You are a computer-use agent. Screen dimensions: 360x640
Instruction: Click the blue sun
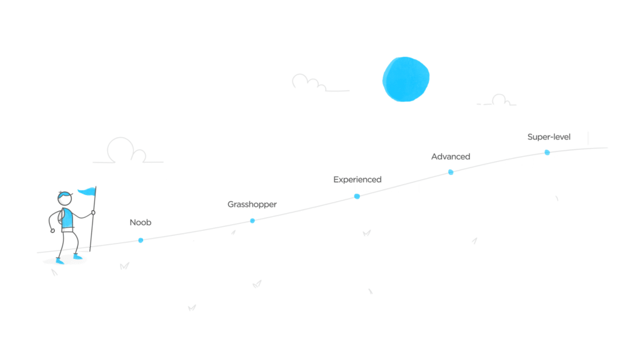pos(406,79)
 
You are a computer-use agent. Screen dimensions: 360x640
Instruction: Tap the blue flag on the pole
pos(87,192)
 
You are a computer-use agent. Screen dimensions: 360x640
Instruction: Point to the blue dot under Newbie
pos(141,240)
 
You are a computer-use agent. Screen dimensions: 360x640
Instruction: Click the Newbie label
pos(141,222)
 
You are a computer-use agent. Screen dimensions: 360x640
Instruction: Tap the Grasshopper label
pos(251,204)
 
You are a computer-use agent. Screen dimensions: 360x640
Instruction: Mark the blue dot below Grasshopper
pos(252,221)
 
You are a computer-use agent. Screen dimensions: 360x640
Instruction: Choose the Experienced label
pos(357,180)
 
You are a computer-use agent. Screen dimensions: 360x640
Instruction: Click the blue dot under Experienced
pos(357,196)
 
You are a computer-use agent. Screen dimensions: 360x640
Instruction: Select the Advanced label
pos(450,156)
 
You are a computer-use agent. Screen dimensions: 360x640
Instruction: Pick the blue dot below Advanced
pos(451,172)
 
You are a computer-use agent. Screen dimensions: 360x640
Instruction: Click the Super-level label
pos(549,137)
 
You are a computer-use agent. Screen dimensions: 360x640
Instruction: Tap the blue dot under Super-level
pos(547,152)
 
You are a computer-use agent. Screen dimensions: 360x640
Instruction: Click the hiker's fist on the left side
pos(52,230)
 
